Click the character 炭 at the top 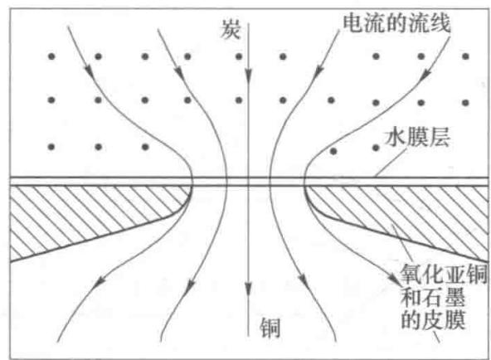231,29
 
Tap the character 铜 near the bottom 270,328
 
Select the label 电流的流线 397,22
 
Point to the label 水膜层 418,137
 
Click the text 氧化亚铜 444,274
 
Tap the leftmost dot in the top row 51,56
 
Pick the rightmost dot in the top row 465,56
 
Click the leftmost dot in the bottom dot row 51,147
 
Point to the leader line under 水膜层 391,162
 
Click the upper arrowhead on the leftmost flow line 90,71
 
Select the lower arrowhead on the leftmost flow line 100,282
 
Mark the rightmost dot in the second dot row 465,102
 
